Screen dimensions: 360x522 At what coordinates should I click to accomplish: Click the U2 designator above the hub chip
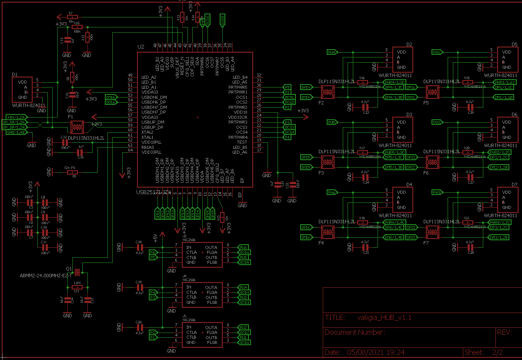(x=141, y=47)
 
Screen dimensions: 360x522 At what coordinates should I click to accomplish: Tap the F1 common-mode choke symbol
(x=77, y=127)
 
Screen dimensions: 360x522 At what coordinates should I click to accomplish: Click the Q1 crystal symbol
(x=77, y=272)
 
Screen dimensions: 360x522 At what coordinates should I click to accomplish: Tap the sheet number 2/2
(x=497, y=352)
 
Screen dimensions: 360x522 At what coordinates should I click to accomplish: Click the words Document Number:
(x=355, y=333)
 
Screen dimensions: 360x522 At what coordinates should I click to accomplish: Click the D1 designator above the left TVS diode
(x=15, y=75)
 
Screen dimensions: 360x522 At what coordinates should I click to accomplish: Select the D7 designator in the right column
(x=515, y=185)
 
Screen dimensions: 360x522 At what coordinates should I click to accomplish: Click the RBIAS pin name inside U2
(x=148, y=147)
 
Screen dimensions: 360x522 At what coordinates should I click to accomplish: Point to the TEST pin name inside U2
(x=242, y=142)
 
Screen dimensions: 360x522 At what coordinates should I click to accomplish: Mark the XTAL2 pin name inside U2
(x=147, y=132)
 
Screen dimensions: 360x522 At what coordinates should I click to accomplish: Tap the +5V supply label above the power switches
(x=155, y=237)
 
